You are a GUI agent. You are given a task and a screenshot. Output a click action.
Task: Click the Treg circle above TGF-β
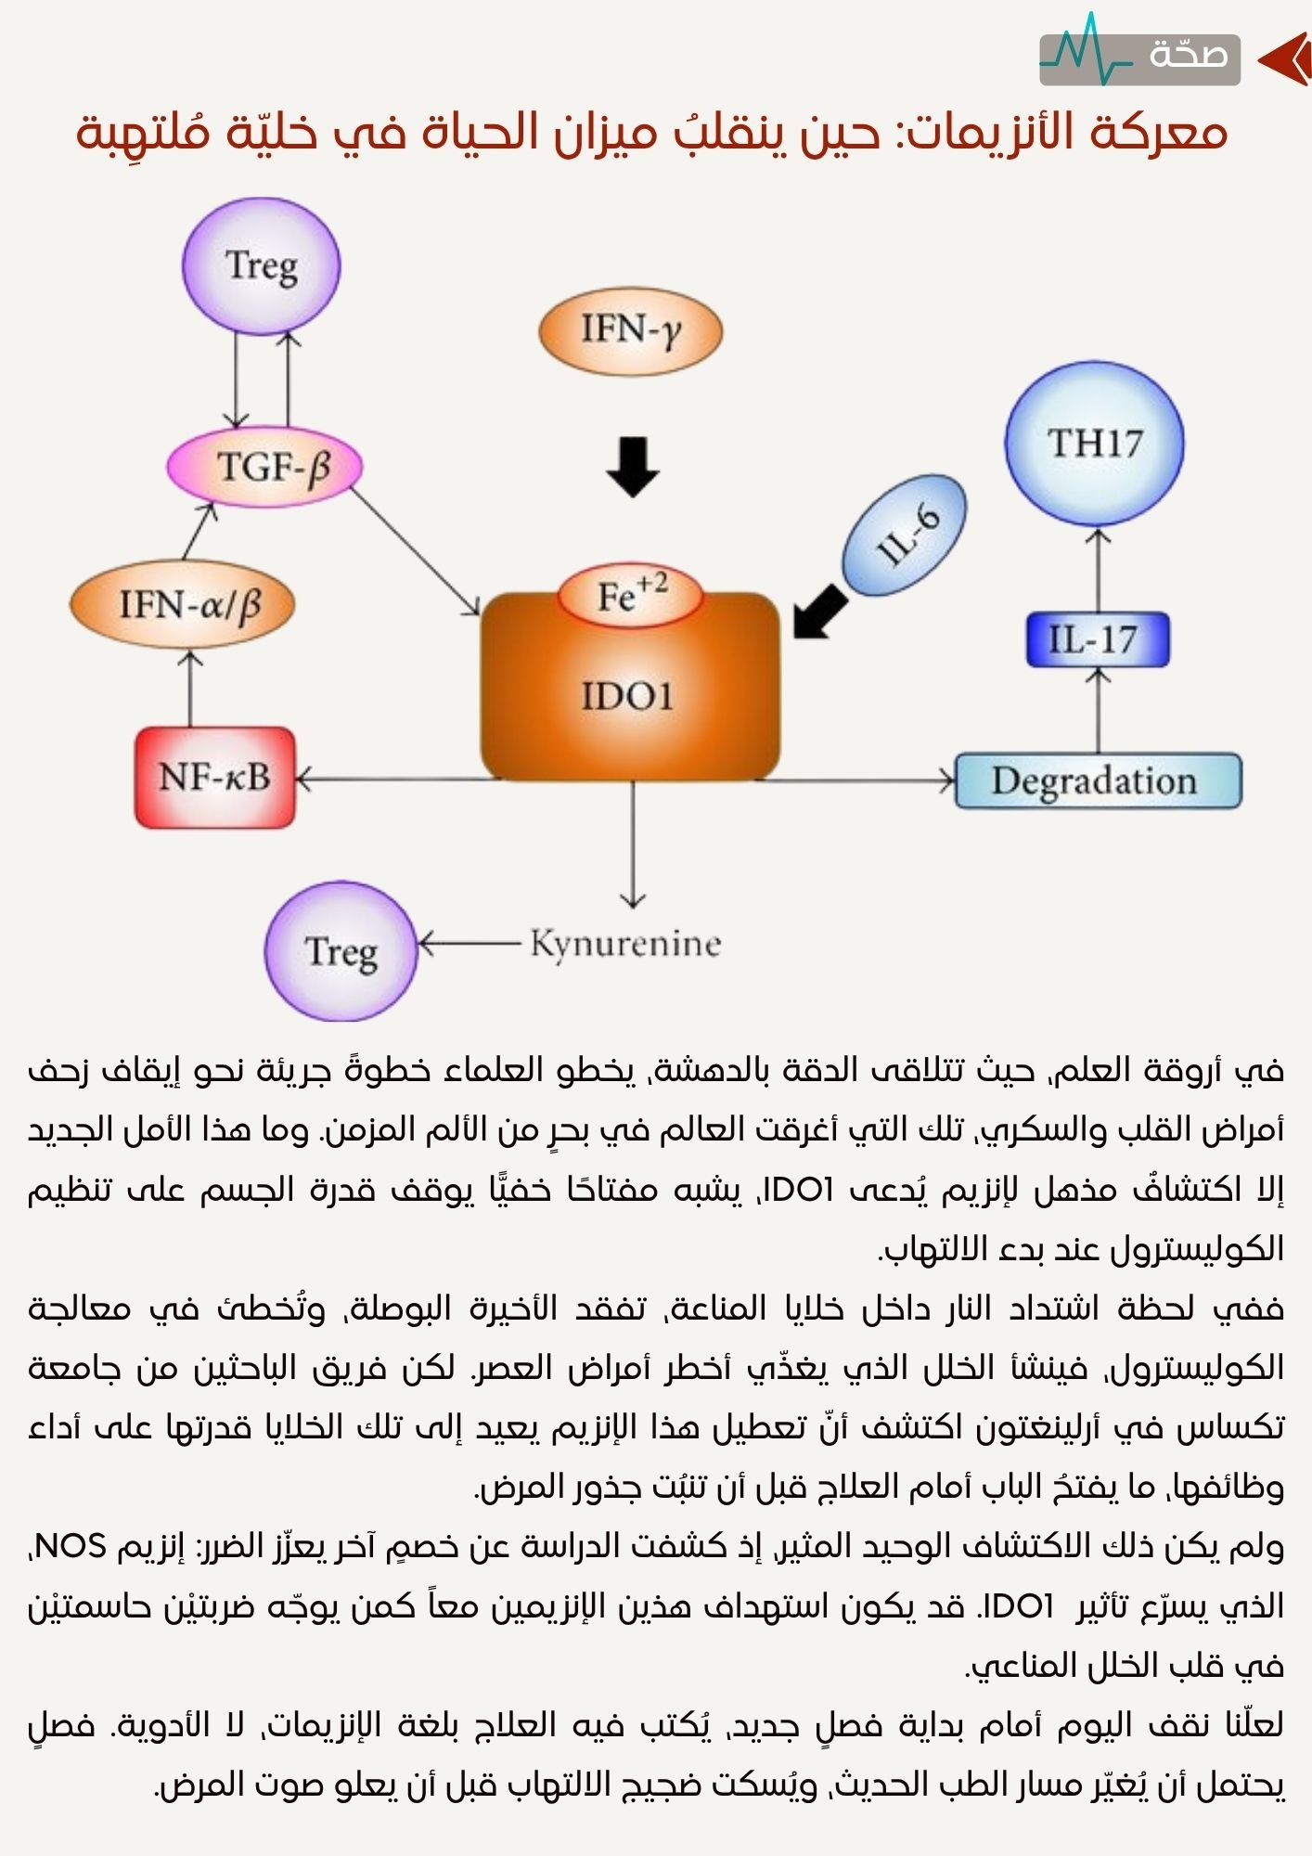pos(262,266)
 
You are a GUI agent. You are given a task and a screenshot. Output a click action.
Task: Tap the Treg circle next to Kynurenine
pos(341,952)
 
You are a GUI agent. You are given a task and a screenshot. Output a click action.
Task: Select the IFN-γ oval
pos(631,330)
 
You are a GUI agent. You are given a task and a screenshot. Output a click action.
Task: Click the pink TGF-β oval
pos(264,466)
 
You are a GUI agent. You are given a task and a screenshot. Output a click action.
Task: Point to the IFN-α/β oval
pos(183,605)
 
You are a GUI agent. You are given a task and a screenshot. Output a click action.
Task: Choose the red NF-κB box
pos(215,778)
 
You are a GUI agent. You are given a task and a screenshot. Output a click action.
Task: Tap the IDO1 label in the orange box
pos(627,696)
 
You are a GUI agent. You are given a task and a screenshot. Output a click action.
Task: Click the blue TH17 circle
pos(1095,444)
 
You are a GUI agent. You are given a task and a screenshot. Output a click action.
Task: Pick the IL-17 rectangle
pos(1098,640)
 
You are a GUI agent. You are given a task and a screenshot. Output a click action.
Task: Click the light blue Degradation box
pos(1098,781)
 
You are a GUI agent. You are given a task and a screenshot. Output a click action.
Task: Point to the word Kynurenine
pos(625,945)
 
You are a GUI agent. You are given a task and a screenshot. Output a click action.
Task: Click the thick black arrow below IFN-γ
pos(633,466)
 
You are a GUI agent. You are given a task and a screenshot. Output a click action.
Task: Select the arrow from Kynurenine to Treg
pos(469,945)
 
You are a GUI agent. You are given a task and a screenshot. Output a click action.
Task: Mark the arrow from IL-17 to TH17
pos(1099,570)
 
